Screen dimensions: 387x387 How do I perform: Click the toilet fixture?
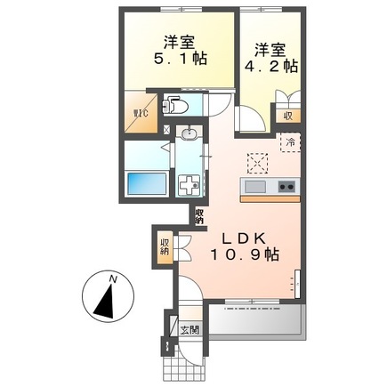click(x=177, y=105)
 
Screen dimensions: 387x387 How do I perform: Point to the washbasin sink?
click(x=188, y=134)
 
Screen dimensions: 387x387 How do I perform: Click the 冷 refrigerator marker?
click(x=289, y=141)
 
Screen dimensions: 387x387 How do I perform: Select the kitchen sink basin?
click(x=255, y=186)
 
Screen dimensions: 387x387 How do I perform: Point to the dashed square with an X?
click(x=258, y=163)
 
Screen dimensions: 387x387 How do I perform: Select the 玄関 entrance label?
click(x=190, y=329)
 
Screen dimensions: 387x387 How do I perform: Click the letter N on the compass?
click(x=112, y=279)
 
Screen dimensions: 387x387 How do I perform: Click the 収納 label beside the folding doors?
click(x=165, y=246)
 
